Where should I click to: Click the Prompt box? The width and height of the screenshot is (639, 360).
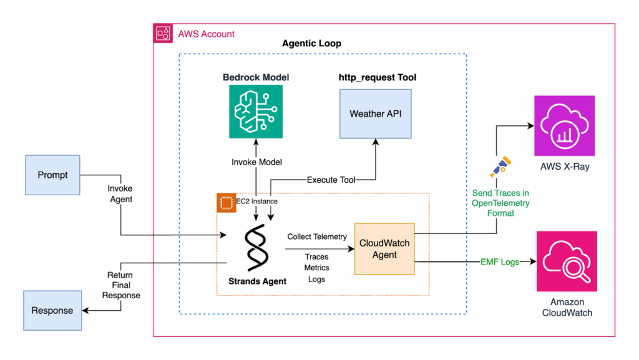(x=53, y=175)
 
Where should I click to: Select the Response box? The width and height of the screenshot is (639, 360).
(x=52, y=310)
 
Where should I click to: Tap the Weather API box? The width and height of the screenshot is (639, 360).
(x=376, y=114)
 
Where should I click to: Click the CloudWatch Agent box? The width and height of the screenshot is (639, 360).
(x=384, y=248)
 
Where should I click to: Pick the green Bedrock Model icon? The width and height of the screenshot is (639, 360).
(x=256, y=110)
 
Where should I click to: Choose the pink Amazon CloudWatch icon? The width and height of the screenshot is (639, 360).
(x=567, y=261)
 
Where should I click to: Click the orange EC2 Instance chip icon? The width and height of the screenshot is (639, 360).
(x=225, y=202)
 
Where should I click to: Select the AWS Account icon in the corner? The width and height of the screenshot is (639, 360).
(x=163, y=33)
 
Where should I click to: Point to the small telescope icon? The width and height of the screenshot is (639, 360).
(x=497, y=167)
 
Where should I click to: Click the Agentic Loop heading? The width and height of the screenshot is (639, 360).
(x=311, y=44)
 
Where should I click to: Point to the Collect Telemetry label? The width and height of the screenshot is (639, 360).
(x=316, y=237)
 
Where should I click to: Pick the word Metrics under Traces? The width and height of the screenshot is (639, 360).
(x=316, y=268)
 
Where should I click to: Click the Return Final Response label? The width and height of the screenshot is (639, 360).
(x=121, y=285)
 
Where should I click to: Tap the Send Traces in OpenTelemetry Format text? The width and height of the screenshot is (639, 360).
(x=502, y=203)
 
